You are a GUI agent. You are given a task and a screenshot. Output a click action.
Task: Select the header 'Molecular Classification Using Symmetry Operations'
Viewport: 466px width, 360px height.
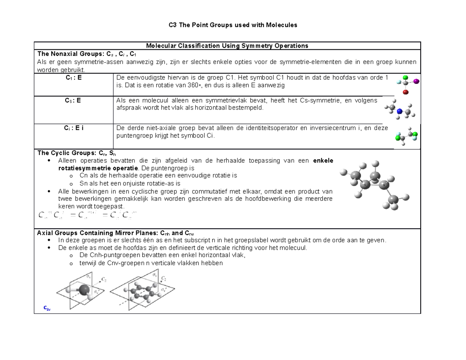point(227,46)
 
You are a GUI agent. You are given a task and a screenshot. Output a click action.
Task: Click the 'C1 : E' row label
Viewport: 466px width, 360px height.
point(73,77)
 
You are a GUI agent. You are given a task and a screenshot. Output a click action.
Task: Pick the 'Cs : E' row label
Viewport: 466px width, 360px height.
point(73,101)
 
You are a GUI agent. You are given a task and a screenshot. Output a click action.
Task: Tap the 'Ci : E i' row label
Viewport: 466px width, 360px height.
point(73,129)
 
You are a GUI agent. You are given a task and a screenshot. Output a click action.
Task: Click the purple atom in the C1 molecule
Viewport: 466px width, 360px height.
point(417,81)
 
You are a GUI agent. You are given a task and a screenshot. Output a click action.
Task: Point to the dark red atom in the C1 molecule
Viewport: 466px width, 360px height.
point(405,92)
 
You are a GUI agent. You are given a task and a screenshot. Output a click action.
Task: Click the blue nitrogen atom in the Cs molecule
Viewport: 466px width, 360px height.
point(399,111)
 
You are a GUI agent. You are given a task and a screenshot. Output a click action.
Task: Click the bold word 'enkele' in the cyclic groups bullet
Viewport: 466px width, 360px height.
point(323,161)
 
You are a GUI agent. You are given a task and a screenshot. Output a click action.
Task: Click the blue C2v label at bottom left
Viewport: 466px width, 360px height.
point(47,308)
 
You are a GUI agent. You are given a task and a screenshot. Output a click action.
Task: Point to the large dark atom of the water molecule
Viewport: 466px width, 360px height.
point(84,289)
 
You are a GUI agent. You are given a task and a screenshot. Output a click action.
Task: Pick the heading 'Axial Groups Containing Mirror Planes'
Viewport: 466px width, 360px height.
point(97,233)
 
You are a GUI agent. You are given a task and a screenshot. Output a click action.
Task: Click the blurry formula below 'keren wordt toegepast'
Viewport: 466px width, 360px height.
point(87,215)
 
